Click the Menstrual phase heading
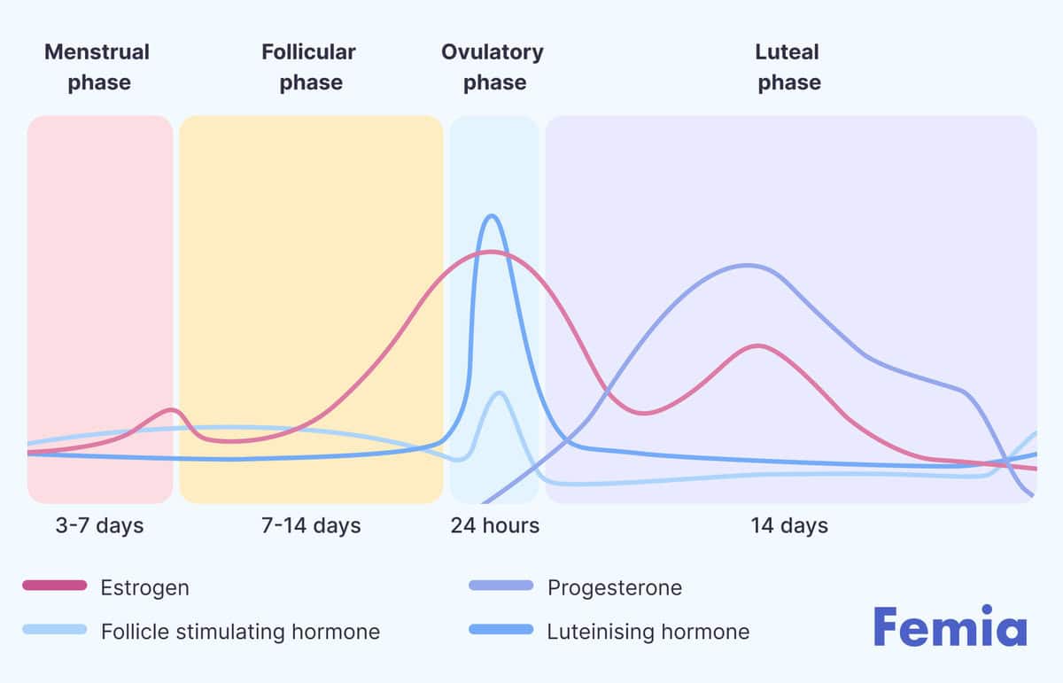click(x=97, y=67)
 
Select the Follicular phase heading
click(x=308, y=67)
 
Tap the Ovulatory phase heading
click(x=493, y=67)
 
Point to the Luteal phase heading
click(x=788, y=67)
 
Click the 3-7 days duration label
click(x=98, y=525)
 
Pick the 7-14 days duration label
click(x=311, y=525)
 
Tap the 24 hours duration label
click(x=494, y=525)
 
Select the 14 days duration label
click(x=789, y=525)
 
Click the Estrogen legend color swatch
click(x=54, y=586)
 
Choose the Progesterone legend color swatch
click(x=501, y=586)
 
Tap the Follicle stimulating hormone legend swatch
click(x=54, y=630)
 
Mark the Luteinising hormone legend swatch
click(x=501, y=630)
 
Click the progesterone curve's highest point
click(x=749, y=265)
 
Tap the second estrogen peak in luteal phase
click(x=757, y=345)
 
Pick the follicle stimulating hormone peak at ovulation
click(x=499, y=392)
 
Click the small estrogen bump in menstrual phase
click(x=172, y=409)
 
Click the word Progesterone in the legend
click(x=615, y=587)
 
